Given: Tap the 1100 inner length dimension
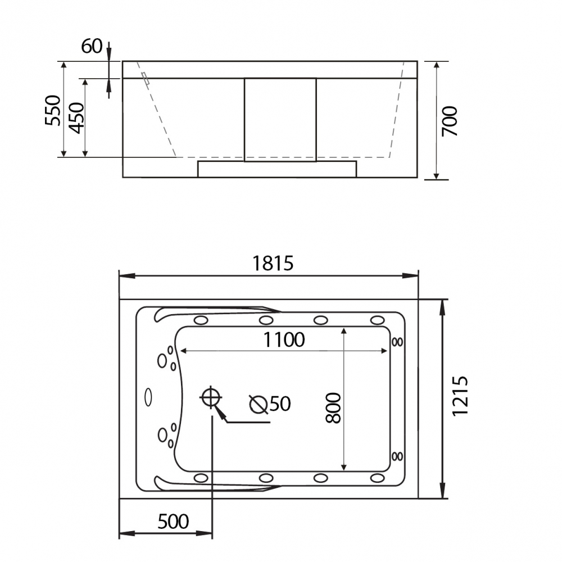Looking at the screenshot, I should pos(285,339).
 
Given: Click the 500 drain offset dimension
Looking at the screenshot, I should pos(173,522).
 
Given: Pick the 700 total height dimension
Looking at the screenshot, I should pos(450,121).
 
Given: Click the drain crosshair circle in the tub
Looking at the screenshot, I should pos(211,397).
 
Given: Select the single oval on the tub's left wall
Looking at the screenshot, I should pos(148,397).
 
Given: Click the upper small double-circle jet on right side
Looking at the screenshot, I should pos(397,341).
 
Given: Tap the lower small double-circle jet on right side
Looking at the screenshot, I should pos(397,455).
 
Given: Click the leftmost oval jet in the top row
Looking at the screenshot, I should pos(201,320).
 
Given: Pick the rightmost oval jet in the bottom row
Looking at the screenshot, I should pos(377,478).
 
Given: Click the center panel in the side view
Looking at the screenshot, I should pos(280,119).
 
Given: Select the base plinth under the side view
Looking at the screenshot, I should pos(277,169).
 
